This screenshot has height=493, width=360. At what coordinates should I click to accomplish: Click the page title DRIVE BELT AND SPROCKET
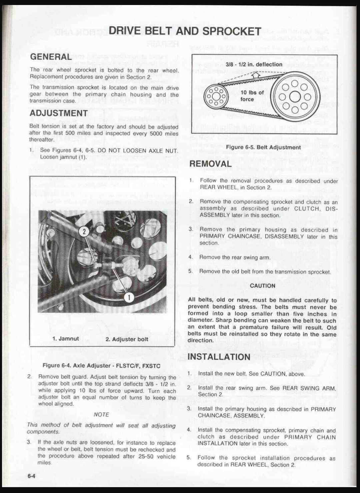(185, 31)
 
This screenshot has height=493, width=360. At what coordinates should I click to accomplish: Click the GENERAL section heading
(51, 57)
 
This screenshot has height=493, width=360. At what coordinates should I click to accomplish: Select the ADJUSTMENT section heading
(59, 113)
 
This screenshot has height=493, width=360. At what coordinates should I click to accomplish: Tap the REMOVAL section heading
(210, 164)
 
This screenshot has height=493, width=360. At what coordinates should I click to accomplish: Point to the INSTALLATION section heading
(219, 357)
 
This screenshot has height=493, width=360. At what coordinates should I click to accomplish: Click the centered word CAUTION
(263, 286)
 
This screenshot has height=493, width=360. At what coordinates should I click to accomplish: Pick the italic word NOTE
(101, 415)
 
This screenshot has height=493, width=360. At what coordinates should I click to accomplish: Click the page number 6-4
(31, 476)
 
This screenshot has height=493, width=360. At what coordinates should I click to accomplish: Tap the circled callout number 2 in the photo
(84, 232)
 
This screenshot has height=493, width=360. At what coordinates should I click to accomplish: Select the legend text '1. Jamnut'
(66, 339)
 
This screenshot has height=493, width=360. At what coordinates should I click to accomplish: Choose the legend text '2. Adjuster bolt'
(127, 339)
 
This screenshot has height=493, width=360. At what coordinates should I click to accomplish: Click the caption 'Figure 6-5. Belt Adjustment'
(263, 147)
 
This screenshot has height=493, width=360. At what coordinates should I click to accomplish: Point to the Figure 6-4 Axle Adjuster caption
(101, 366)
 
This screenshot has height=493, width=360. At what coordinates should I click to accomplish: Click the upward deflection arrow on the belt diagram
(256, 75)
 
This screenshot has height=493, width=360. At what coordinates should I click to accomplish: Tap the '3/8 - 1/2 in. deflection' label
(254, 64)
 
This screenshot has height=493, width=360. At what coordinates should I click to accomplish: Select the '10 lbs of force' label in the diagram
(252, 96)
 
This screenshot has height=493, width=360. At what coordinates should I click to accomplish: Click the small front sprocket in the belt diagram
(216, 96)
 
